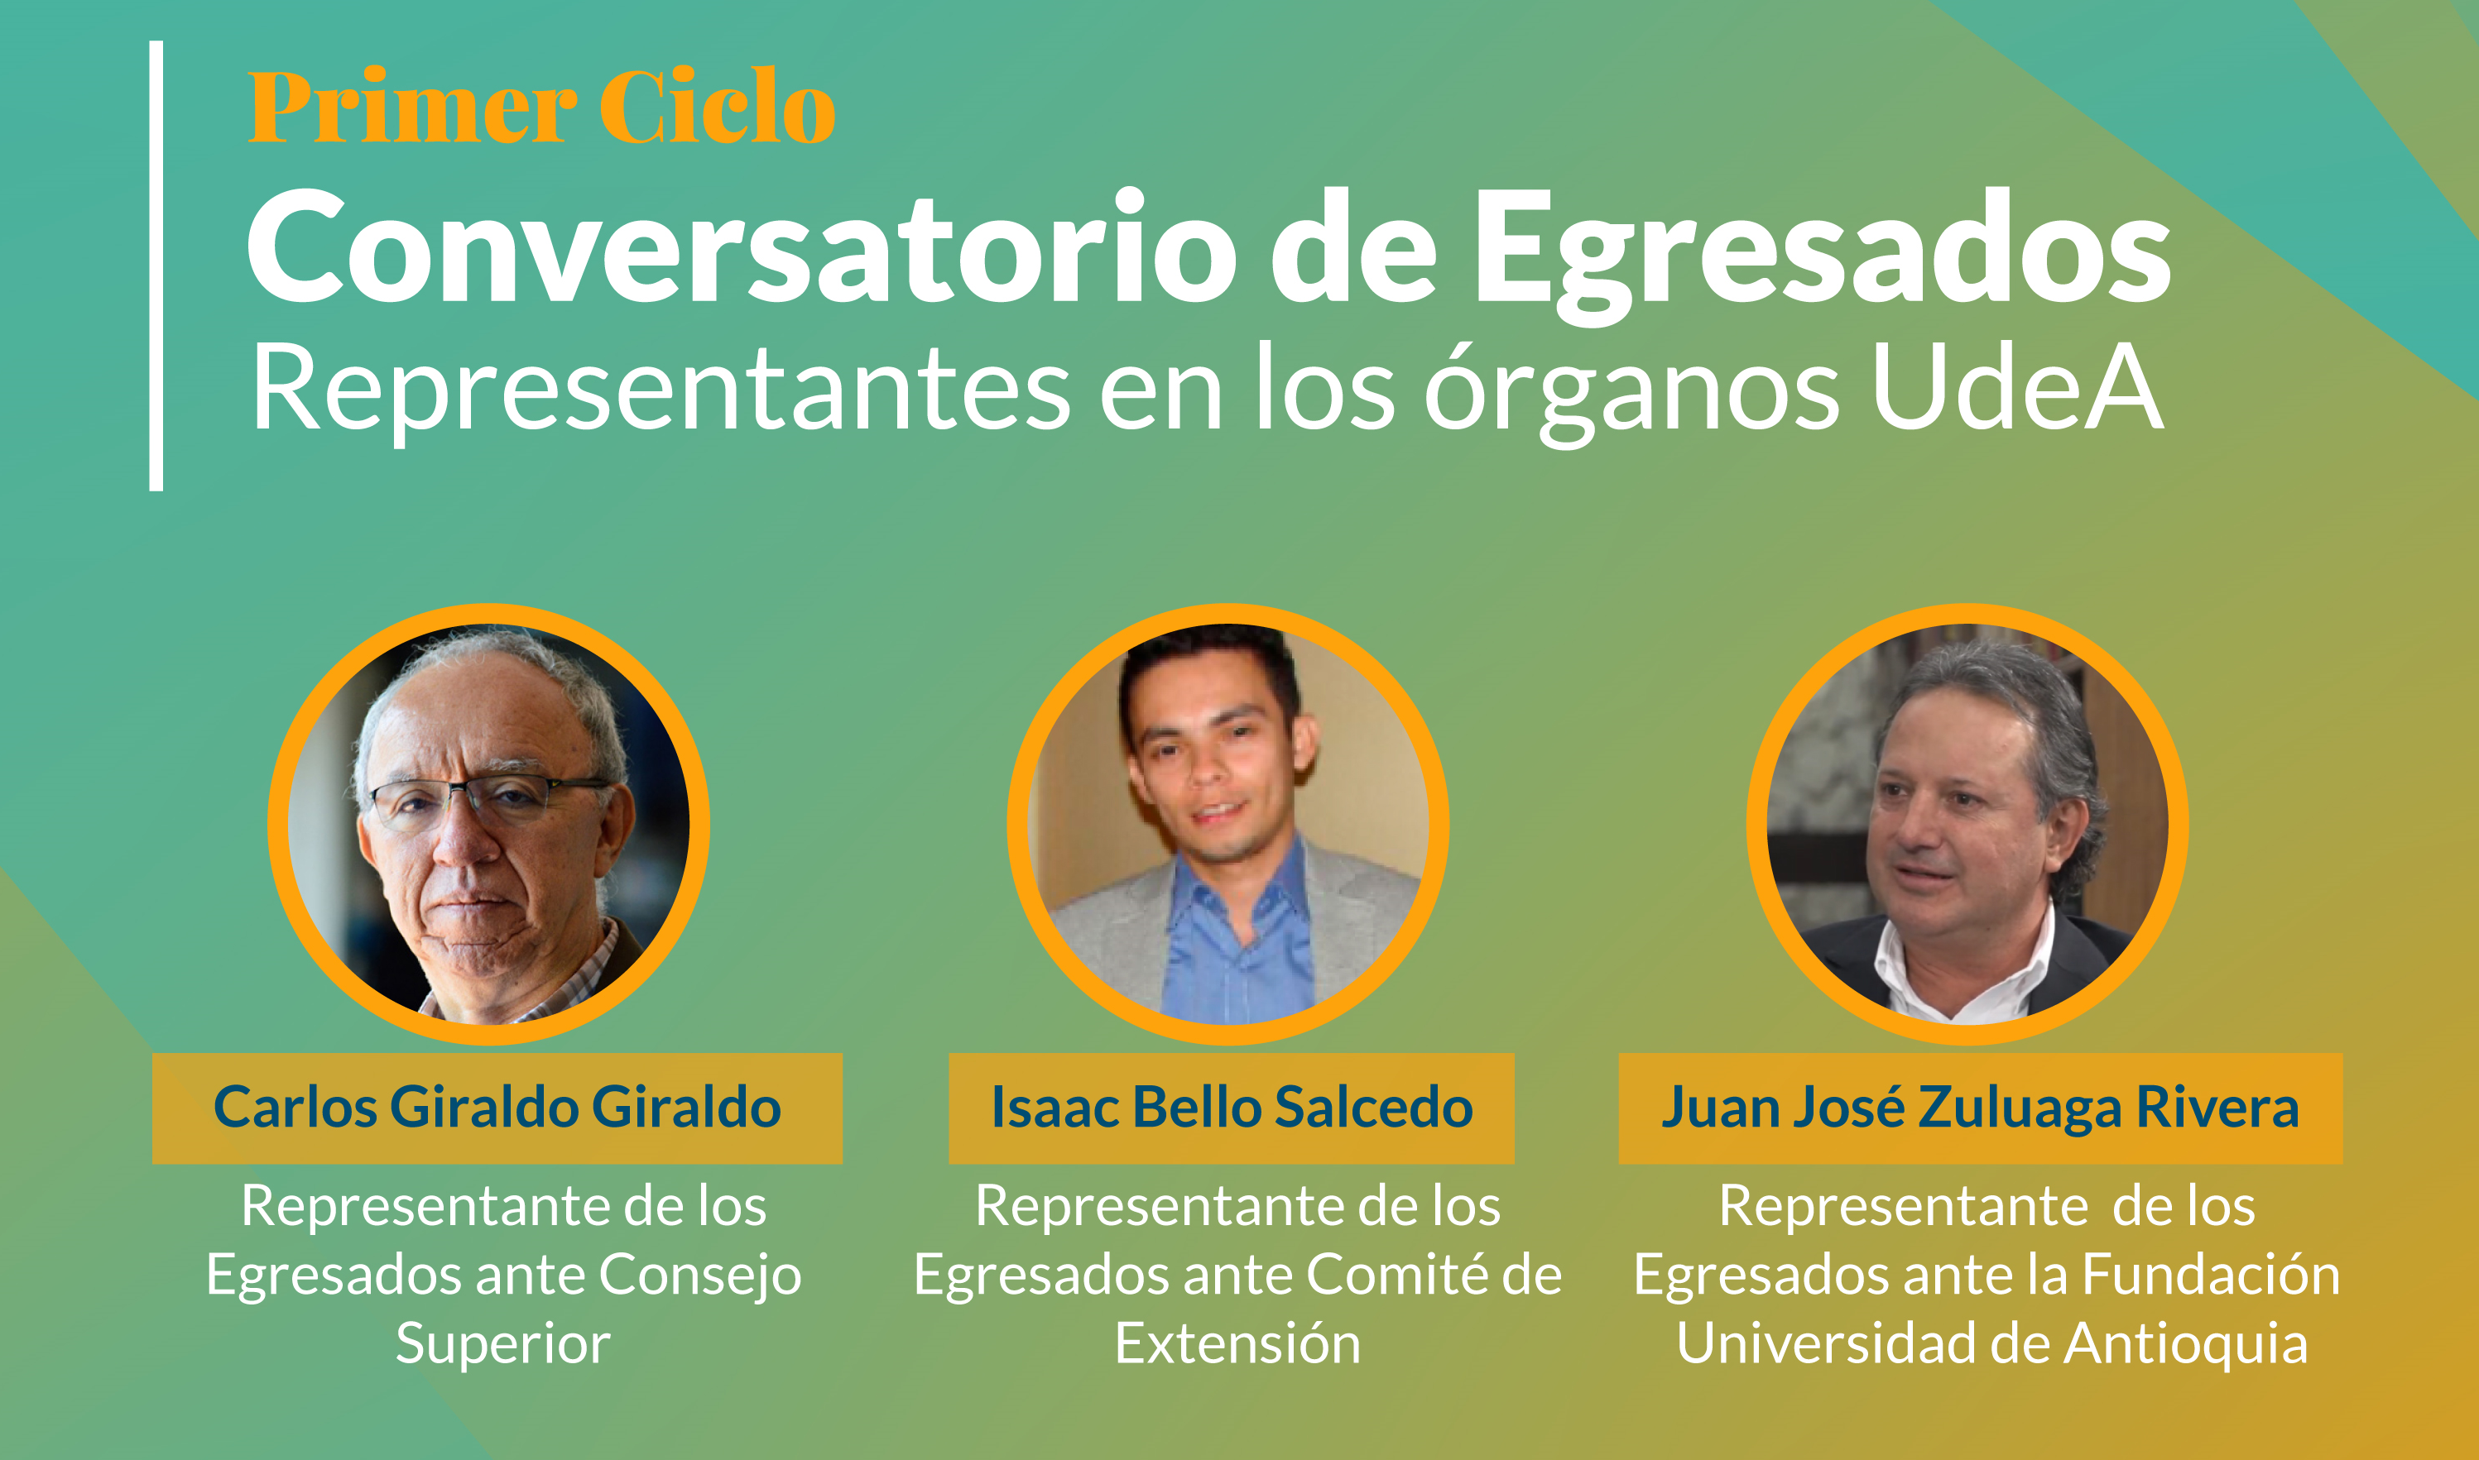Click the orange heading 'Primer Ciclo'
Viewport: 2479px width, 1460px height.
tap(541, 106)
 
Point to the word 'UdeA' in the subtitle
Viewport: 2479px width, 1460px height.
tap(2017, 388)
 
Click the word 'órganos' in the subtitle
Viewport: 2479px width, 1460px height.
tap(1631, 394)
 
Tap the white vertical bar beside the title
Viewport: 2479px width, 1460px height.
tap(156, 266)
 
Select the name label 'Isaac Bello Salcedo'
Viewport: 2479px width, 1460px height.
tap(1231, 1108)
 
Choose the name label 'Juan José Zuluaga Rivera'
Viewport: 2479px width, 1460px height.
tap(1980, 1108)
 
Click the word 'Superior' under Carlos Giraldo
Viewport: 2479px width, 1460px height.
tap(503, 1345)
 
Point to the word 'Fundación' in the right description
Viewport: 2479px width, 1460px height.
tap(2212, 1274)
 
